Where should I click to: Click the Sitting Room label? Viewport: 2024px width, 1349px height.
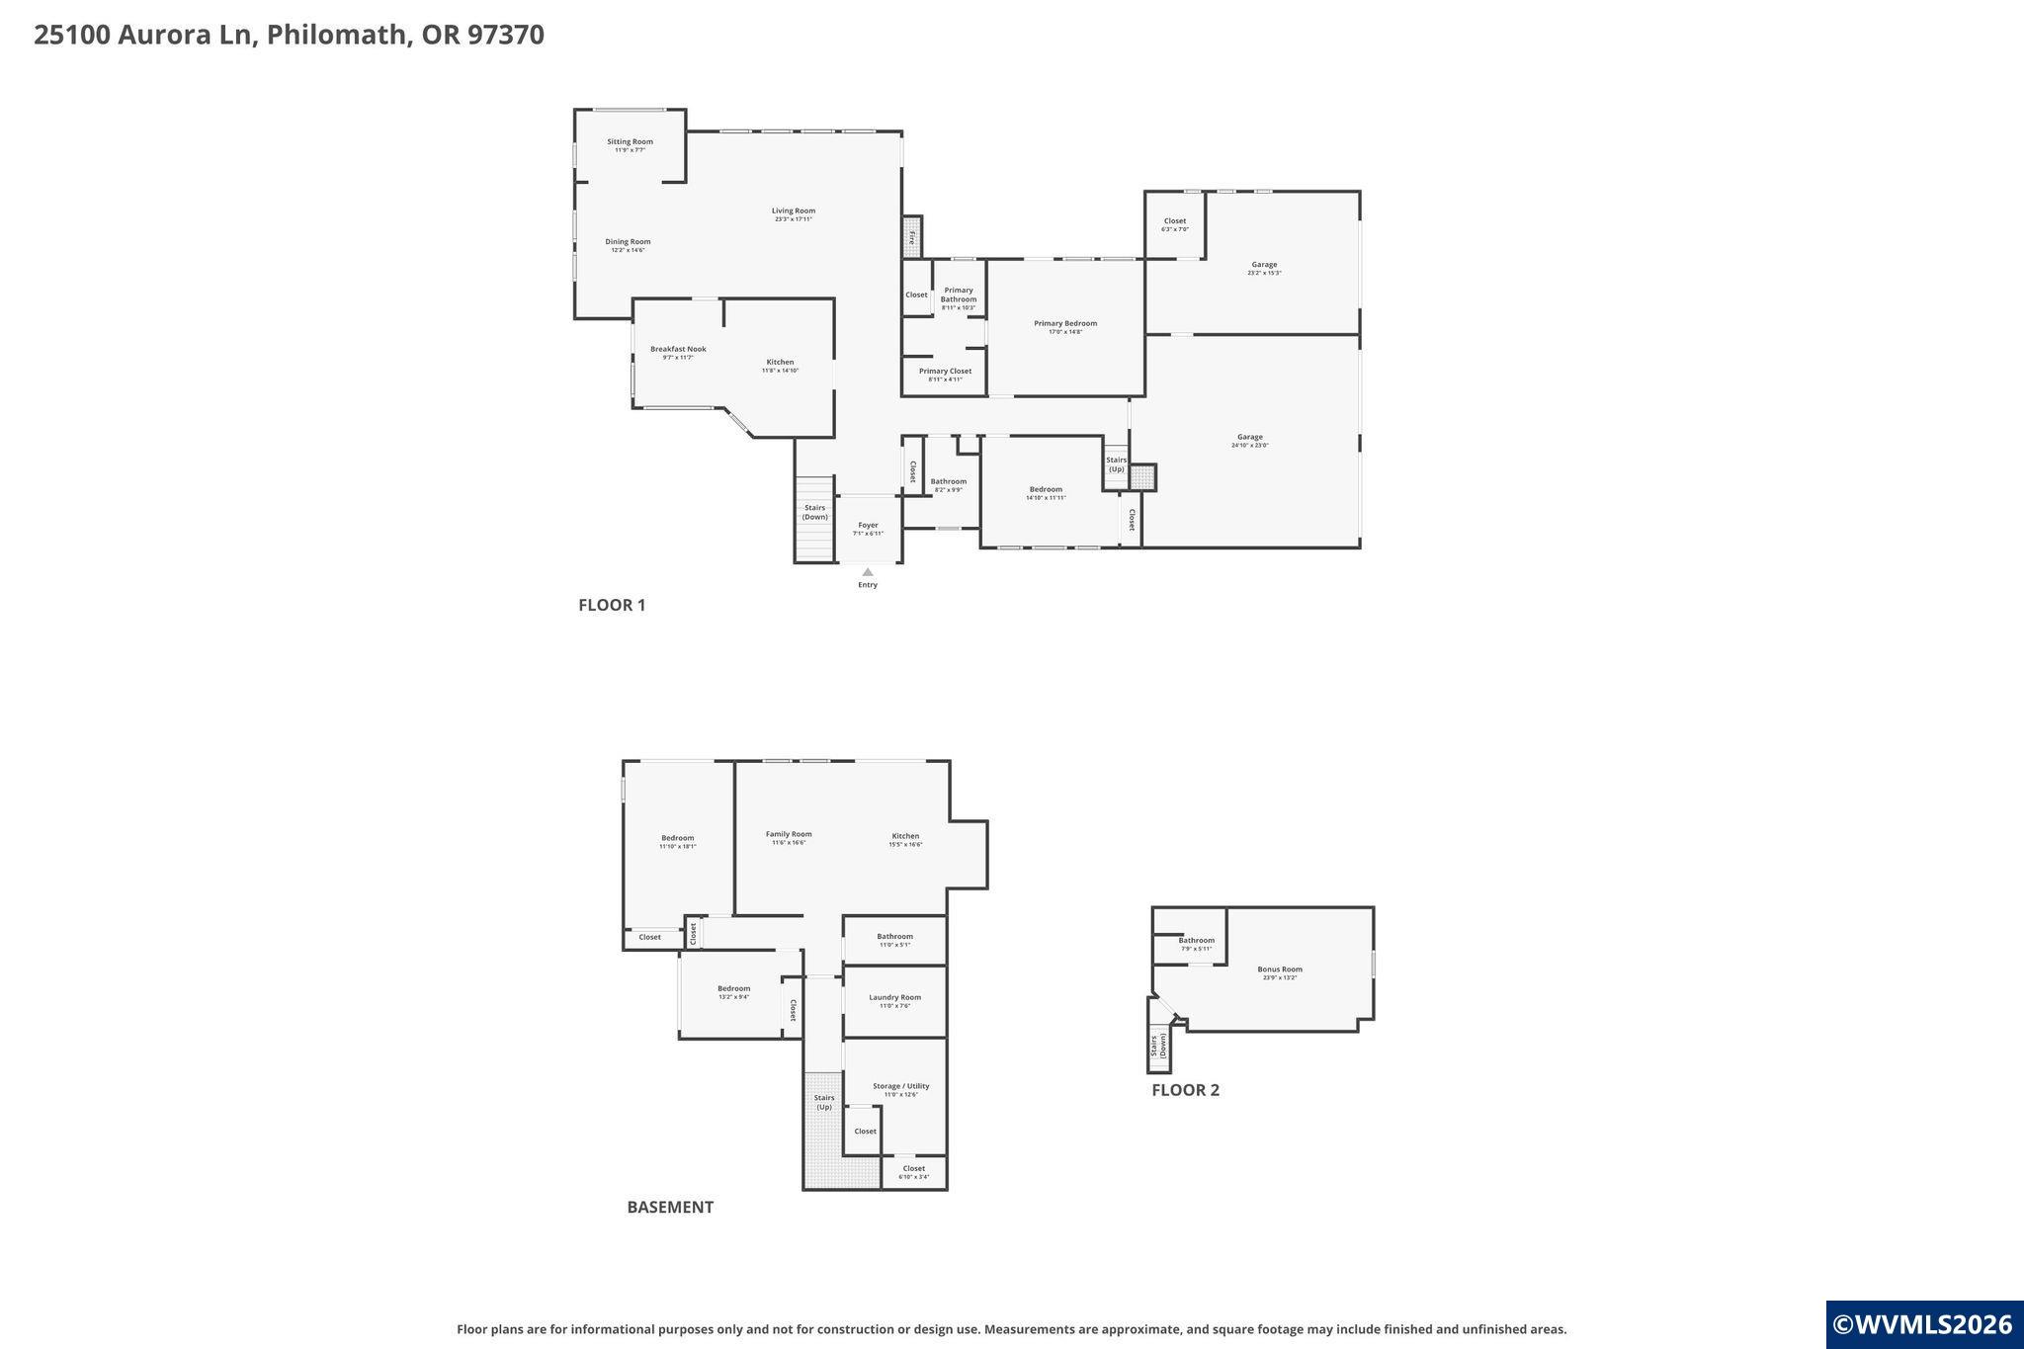pos(630,141)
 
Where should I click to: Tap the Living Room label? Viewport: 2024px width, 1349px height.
pos(793,211)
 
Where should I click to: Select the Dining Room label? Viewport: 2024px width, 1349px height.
pos(628,242)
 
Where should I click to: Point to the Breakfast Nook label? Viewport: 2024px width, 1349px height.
pos(678,349)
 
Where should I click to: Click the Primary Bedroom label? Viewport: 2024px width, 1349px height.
pos(1065,323)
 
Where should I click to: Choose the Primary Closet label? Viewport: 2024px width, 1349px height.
pos(945,372)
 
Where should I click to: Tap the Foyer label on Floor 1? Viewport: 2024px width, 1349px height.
pos(868,525)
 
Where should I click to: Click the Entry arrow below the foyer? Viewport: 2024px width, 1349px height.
pos(868,572)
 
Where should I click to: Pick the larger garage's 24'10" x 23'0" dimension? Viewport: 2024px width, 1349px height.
pos(1249,446)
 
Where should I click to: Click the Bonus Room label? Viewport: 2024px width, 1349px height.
pos(1280,970)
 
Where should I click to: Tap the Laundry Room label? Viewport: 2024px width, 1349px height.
pos(894,997)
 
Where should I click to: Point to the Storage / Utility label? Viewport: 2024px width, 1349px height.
pos(900,1086)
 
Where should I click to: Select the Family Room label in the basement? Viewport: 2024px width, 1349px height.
pos(789,834)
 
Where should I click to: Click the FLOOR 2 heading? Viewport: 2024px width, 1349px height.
pos(1185,1090)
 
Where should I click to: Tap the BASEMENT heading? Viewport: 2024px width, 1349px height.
pos(670,1207)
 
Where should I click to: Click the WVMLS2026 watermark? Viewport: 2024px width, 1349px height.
pos(1922,1324)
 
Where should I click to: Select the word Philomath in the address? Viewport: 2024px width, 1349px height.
pos(336,35)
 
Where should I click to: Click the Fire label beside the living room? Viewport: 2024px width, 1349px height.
pos(912,237)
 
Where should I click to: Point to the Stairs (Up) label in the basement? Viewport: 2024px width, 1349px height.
pos(823,1102)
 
